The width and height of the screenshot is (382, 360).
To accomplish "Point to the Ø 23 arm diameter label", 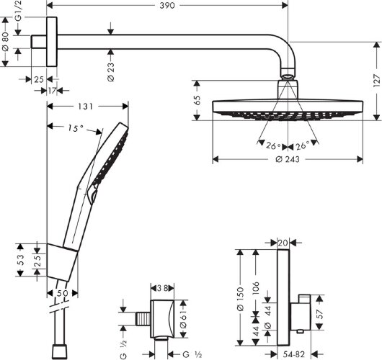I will click(110, 71).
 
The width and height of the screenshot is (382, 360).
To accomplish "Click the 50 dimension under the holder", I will click(61, 294).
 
